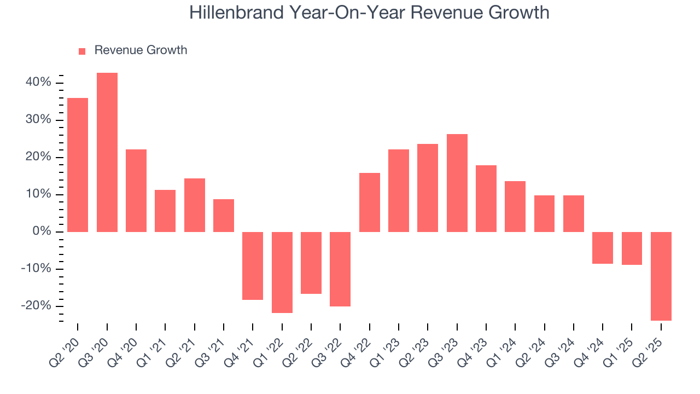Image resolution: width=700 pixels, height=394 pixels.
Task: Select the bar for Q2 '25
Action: tap(661, 276)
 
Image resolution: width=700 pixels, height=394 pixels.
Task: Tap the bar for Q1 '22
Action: tap(282, 272)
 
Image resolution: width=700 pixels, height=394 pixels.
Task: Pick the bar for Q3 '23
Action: tap(457, 183)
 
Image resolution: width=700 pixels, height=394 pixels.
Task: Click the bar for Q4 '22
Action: tap(370, 202)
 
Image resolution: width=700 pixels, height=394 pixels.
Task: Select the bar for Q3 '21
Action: tap(224, 215)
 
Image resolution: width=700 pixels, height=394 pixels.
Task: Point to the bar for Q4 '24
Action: tap(603, 247)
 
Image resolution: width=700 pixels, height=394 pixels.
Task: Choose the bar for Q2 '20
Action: tap(78, 165)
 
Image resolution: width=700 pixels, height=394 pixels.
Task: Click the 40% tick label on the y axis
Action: tap(38, 83)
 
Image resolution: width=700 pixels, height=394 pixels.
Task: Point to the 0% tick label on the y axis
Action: tap(42, 231)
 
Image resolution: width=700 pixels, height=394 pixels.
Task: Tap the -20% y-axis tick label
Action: tap(36, 306)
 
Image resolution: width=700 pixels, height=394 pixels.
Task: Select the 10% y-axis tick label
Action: tap(38, 194)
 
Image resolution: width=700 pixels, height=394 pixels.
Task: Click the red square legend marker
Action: tap(82, 51)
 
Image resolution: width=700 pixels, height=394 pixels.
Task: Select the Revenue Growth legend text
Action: tap(141, 50)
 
